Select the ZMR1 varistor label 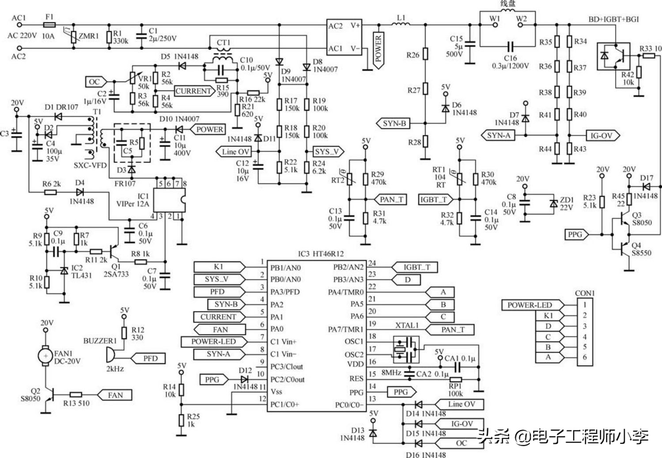coord(89,36)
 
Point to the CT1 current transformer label coord(223,43)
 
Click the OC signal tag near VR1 coord(95,82)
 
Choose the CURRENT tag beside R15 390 coord(193,91)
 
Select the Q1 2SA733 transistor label coord(116,270)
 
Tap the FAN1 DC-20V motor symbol coord(45,356)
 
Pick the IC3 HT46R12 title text coord(320,254)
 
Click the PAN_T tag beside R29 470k coord(391,199)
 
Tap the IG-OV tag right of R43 coord(601,135)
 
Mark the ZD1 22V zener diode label coord(567,203)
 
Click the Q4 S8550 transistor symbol coord(624,250)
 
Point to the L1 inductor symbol coord(401,24)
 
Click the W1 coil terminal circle coord(495,25)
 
